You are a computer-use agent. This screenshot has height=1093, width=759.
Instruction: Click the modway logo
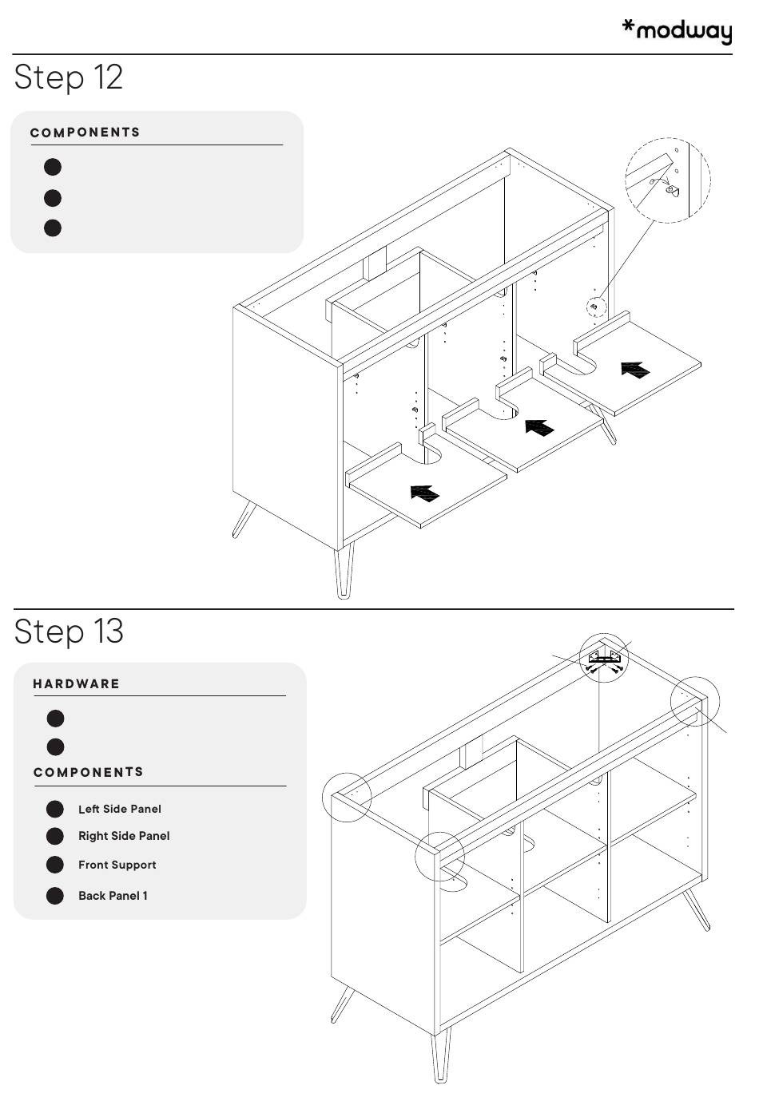click(x=677, y=31)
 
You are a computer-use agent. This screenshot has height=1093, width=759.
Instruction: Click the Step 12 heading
click(x=69, y=77)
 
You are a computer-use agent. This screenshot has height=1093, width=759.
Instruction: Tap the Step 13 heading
click(x=69, y=632)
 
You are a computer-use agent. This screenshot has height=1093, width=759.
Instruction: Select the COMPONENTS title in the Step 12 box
click(x=85, y=133)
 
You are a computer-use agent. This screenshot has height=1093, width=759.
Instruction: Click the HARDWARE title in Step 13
click(x=76, y=683)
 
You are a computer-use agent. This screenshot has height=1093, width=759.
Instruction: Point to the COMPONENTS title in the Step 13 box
click(x=89, y=772)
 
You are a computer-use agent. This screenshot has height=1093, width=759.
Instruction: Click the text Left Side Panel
click(x=120, y=809)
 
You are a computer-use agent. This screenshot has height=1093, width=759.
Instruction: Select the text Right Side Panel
click(x=124, y=836)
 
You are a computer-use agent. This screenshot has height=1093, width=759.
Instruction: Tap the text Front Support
click(x=117, y=865)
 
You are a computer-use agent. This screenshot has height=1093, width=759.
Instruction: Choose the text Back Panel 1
click(x=113, y=895)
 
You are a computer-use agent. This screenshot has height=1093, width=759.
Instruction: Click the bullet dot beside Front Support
click(x=54, y=865)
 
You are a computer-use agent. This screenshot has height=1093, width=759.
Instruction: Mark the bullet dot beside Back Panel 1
click(x=54, y=895)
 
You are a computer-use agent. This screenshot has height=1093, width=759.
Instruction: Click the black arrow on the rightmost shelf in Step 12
click(x=635, y=370)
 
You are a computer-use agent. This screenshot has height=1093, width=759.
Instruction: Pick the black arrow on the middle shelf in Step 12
click(x=539, y=427)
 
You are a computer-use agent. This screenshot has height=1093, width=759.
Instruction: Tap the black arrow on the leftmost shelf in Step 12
click(x=424, y=493)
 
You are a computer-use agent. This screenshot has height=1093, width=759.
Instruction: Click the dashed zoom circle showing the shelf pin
click(x=668, y=180)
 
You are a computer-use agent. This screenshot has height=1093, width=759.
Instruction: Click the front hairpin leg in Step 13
click(x=440, y=1053)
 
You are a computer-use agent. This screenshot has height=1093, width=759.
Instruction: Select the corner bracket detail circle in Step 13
click(x=604, y=658)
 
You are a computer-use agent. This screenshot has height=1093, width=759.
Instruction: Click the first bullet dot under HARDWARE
click(x=55, y=719)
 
